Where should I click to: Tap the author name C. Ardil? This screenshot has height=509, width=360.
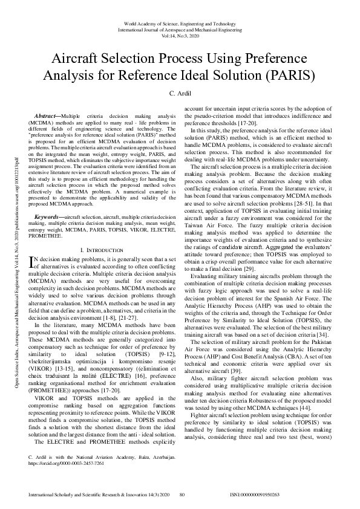pos(180,95)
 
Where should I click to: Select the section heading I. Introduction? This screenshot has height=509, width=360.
pos(101,233)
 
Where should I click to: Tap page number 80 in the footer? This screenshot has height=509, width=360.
pos(182,494)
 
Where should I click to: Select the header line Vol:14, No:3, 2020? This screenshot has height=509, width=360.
pos(180,36)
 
